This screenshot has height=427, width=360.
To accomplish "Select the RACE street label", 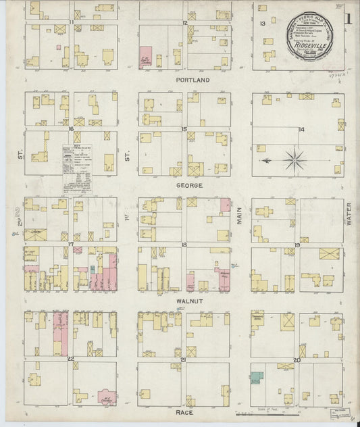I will point(184,412).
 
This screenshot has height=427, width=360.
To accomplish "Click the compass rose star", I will point(294,161).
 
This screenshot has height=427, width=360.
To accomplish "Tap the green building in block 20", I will point(257,378).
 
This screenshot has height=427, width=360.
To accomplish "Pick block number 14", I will point(301,130).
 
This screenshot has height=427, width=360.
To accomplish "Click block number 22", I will point(70,359).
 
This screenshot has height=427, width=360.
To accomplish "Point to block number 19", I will point(297,245).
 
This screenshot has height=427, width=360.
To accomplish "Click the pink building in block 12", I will point(145,58).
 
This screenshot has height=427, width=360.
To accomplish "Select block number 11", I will point(71,23).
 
